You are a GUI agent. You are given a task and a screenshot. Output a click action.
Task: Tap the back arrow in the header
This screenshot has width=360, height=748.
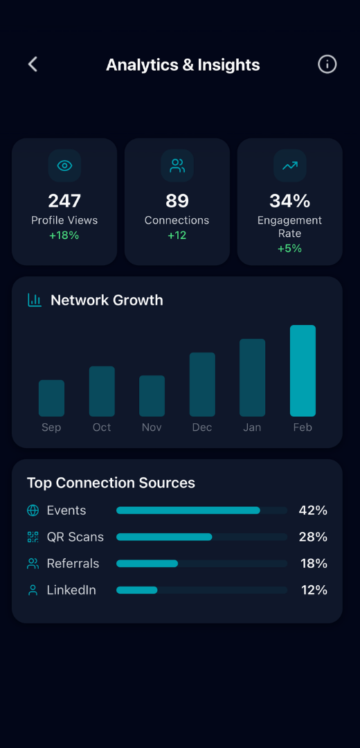33,64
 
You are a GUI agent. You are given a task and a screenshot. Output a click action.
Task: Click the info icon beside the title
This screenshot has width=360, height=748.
327,64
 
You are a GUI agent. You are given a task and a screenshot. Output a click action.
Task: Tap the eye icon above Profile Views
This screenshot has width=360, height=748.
64,166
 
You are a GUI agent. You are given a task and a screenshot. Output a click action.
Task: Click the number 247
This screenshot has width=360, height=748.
64,201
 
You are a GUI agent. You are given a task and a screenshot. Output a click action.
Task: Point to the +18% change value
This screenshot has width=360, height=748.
64,235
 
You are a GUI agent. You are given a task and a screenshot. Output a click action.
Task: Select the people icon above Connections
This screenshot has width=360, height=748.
177,166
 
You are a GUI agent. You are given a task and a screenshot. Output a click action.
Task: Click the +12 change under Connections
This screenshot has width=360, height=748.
177,235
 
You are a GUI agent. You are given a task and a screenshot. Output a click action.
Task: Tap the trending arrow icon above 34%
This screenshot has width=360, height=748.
289,166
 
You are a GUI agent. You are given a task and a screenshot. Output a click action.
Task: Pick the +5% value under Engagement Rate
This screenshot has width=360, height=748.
289,248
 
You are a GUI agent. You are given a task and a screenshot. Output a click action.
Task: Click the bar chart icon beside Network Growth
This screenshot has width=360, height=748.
35,300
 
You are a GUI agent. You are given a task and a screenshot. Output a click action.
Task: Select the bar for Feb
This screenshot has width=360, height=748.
303,371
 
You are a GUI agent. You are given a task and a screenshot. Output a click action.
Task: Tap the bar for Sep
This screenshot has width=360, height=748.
51,398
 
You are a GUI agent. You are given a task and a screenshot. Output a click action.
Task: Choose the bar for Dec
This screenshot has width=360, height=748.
202,384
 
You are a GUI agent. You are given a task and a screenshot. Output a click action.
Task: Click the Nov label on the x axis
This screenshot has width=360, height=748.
152,427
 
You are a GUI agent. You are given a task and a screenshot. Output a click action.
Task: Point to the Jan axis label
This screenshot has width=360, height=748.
252,427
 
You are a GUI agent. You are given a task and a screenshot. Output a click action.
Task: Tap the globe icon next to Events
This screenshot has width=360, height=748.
33,510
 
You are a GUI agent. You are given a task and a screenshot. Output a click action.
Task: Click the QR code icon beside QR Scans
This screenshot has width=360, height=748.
33,537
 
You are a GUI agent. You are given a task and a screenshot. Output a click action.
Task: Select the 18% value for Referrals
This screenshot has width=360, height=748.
314,564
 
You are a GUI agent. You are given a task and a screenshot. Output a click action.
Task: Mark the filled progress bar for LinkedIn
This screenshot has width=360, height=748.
137,590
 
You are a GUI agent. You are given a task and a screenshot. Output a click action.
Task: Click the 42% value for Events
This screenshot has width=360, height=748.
313,510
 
